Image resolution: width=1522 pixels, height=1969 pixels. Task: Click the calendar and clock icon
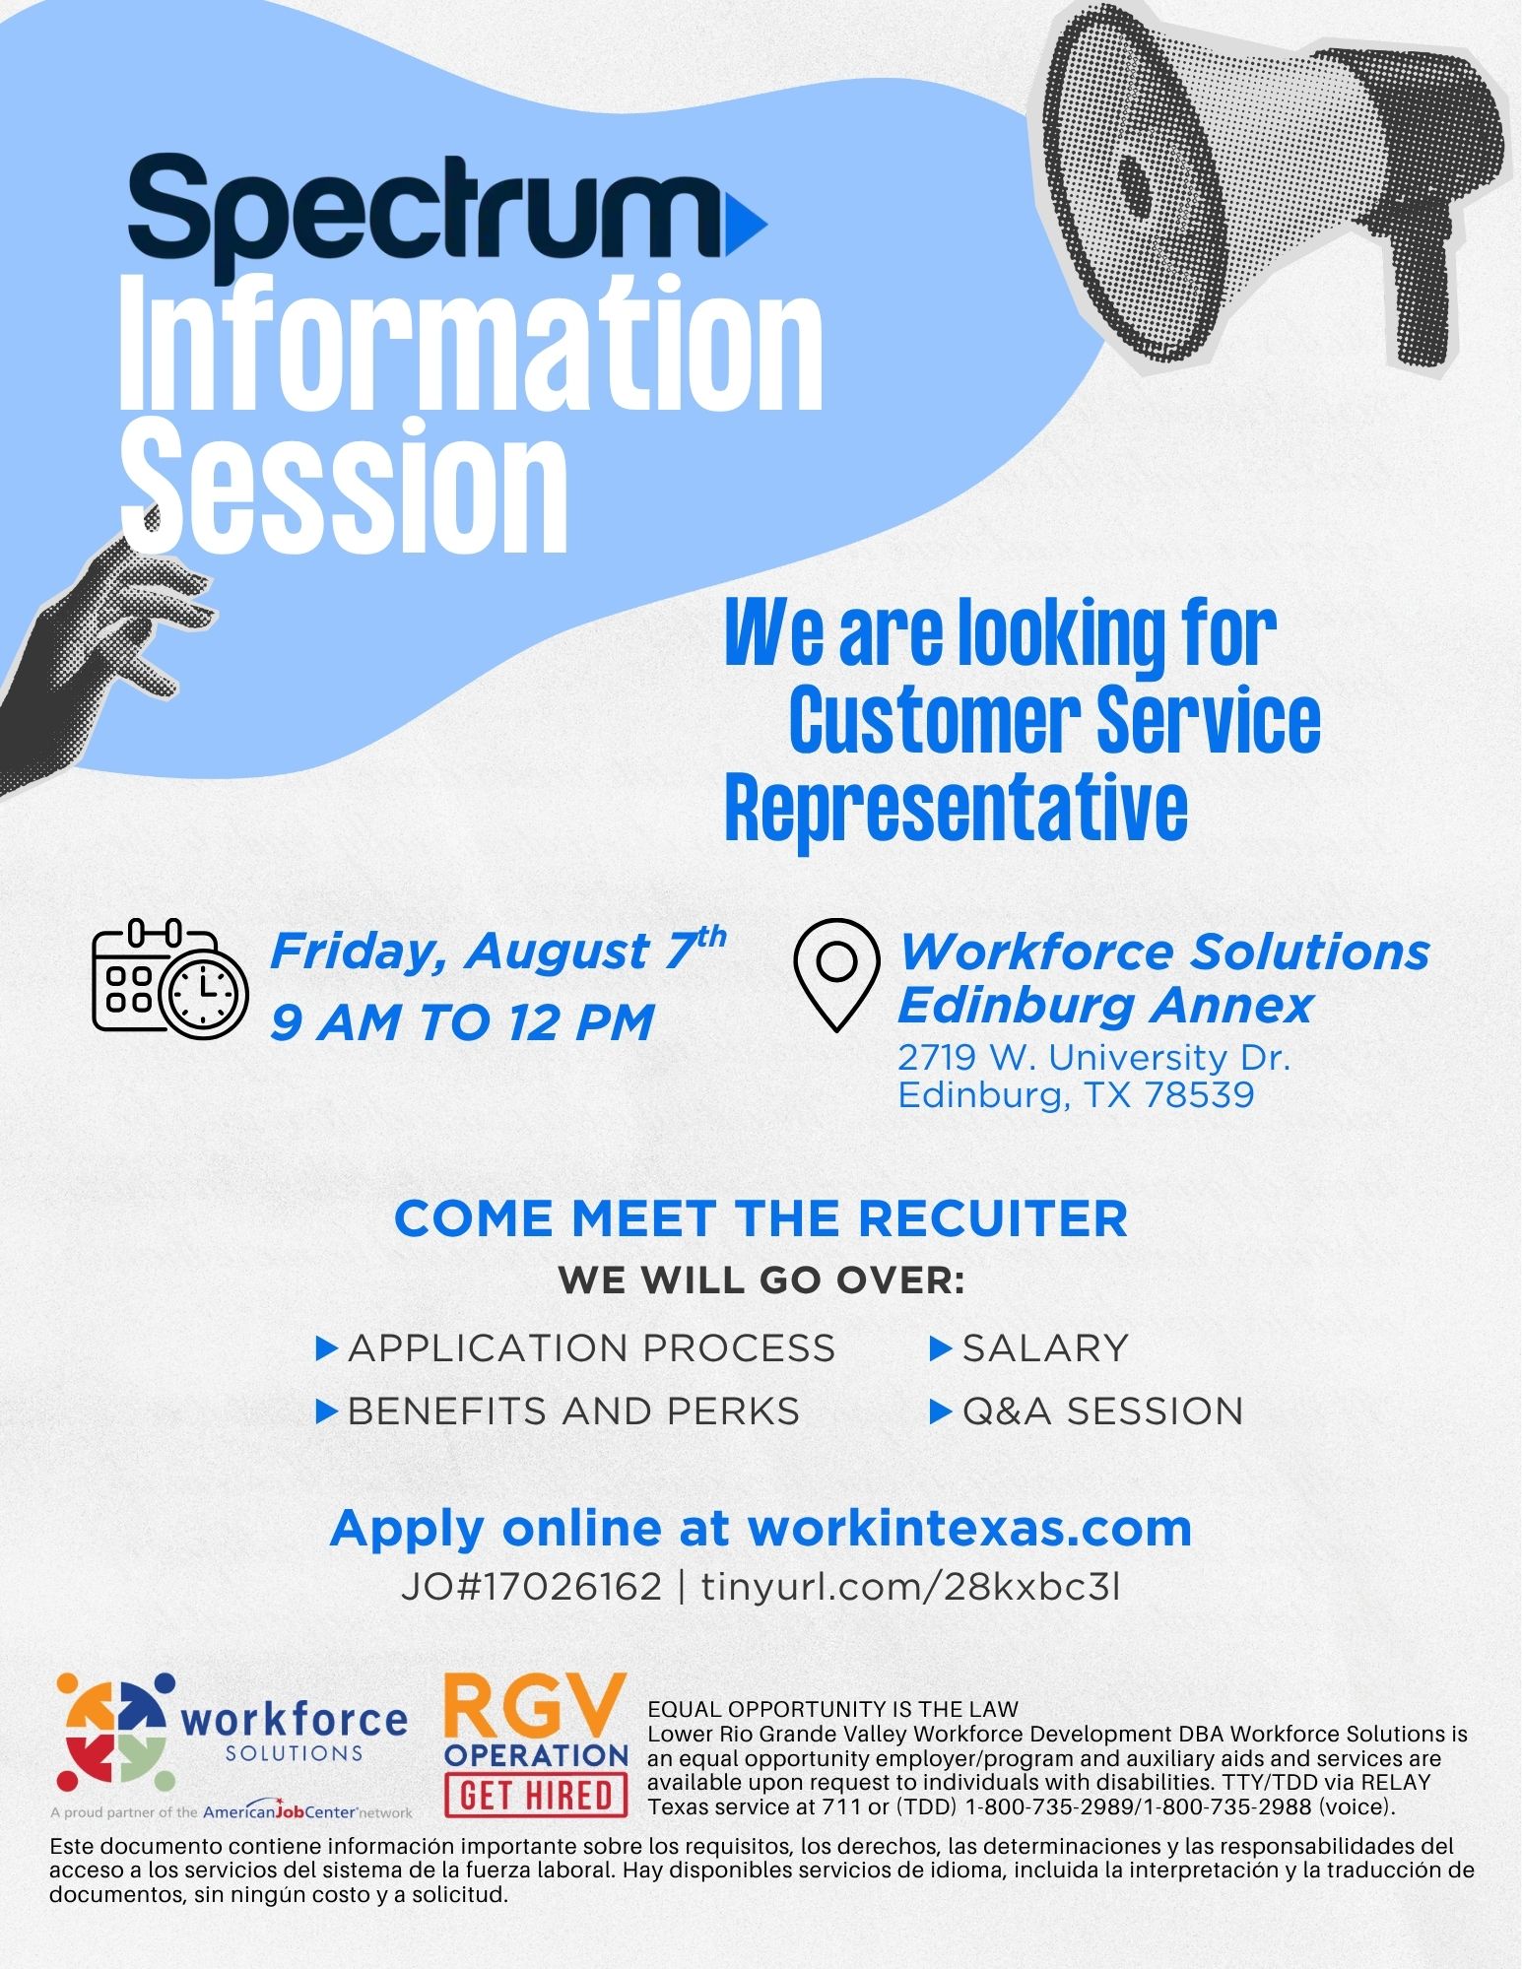click(x=169, y=976)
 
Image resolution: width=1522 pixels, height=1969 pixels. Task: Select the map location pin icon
click(x=836, y=974)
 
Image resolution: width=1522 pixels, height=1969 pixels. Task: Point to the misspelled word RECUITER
click(x=992, y=1218)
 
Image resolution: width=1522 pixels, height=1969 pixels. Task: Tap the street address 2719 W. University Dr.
click(x=1093, y=1057)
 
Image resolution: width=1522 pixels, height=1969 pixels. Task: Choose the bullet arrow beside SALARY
click(x=940, y=1348)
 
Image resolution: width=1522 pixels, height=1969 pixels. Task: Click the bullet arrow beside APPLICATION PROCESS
click(x=326, y=1348)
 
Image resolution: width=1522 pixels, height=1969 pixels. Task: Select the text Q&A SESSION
click(x=1102, y=1411)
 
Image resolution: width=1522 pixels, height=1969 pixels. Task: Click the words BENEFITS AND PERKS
click(x=573, y=1411)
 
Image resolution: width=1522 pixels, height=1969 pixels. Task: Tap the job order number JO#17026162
click(x=531, y=1587)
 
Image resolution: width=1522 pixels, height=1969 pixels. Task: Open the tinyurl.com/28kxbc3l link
click(x=910, y=1587)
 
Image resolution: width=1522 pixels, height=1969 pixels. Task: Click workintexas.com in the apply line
click(x=969, y=1528)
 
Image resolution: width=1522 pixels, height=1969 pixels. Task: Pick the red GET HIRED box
click(x=537, y=1795)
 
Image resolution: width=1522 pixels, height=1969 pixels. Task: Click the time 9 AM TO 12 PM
click(x=462, y=1021)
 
